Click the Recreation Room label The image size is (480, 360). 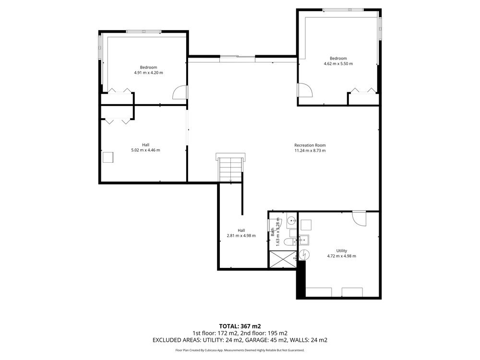point(310,145)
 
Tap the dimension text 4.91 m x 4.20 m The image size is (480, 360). point(148,73)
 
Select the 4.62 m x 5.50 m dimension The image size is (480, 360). point(338,64)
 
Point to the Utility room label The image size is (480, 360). point(342,251)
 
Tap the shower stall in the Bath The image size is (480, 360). point(283,259)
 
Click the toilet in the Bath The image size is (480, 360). point(290,242)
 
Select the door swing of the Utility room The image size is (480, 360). point(359,218)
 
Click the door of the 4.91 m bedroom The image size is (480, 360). point(180,93)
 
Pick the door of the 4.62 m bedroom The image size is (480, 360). point(305,90)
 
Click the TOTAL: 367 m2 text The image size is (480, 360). point(240,326)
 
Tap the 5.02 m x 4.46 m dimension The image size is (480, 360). point(146,150)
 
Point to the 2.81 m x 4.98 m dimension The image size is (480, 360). point(241,236)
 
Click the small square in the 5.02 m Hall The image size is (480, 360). point(108,157)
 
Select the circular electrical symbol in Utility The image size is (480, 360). point(305,254)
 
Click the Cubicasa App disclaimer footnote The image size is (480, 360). point(240,350)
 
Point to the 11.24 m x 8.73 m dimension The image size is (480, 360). point(310,151)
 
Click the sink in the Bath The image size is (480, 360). point(291,220)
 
